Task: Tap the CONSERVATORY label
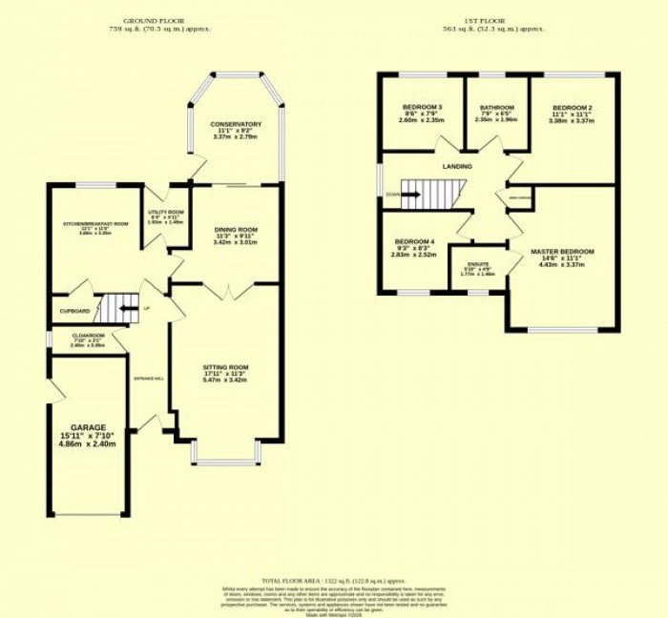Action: (235, 124)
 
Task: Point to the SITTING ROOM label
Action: (225, 367)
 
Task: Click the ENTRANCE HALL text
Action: (150, 379)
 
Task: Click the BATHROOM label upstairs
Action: (497, 107)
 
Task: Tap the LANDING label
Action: (457, 166)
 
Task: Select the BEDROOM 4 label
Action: (413, 241)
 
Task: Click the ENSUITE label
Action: (478, 263)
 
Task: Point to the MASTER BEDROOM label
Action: (562, 252)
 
